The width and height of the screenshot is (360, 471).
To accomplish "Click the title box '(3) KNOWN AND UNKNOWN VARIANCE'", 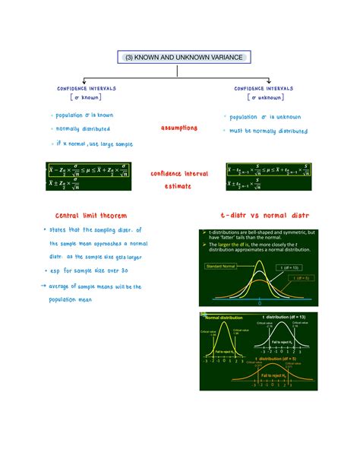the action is pyautogui.click(x=180, y=57).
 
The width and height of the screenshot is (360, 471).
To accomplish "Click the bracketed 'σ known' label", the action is pyautogui.click(x=86, y=97).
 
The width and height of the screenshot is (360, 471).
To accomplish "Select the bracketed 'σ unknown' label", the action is pyautogui.click(x=265, y=97).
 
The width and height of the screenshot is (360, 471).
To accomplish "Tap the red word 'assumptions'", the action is pyautogui.click(x=178, y=128).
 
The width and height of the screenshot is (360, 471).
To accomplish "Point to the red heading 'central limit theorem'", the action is pyautogui.click(x=85, y=216).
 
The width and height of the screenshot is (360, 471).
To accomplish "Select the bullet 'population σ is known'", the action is pyautogui.click(x=84, y=115).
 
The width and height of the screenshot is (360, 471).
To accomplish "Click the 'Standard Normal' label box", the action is pyautogui.click(x=220, y=266).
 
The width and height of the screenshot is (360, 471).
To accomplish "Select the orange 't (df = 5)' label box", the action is pyautogui.click(x=297, y=279).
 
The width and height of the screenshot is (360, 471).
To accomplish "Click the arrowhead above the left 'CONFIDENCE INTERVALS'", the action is pyautogui.click(x=83, y=80).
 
